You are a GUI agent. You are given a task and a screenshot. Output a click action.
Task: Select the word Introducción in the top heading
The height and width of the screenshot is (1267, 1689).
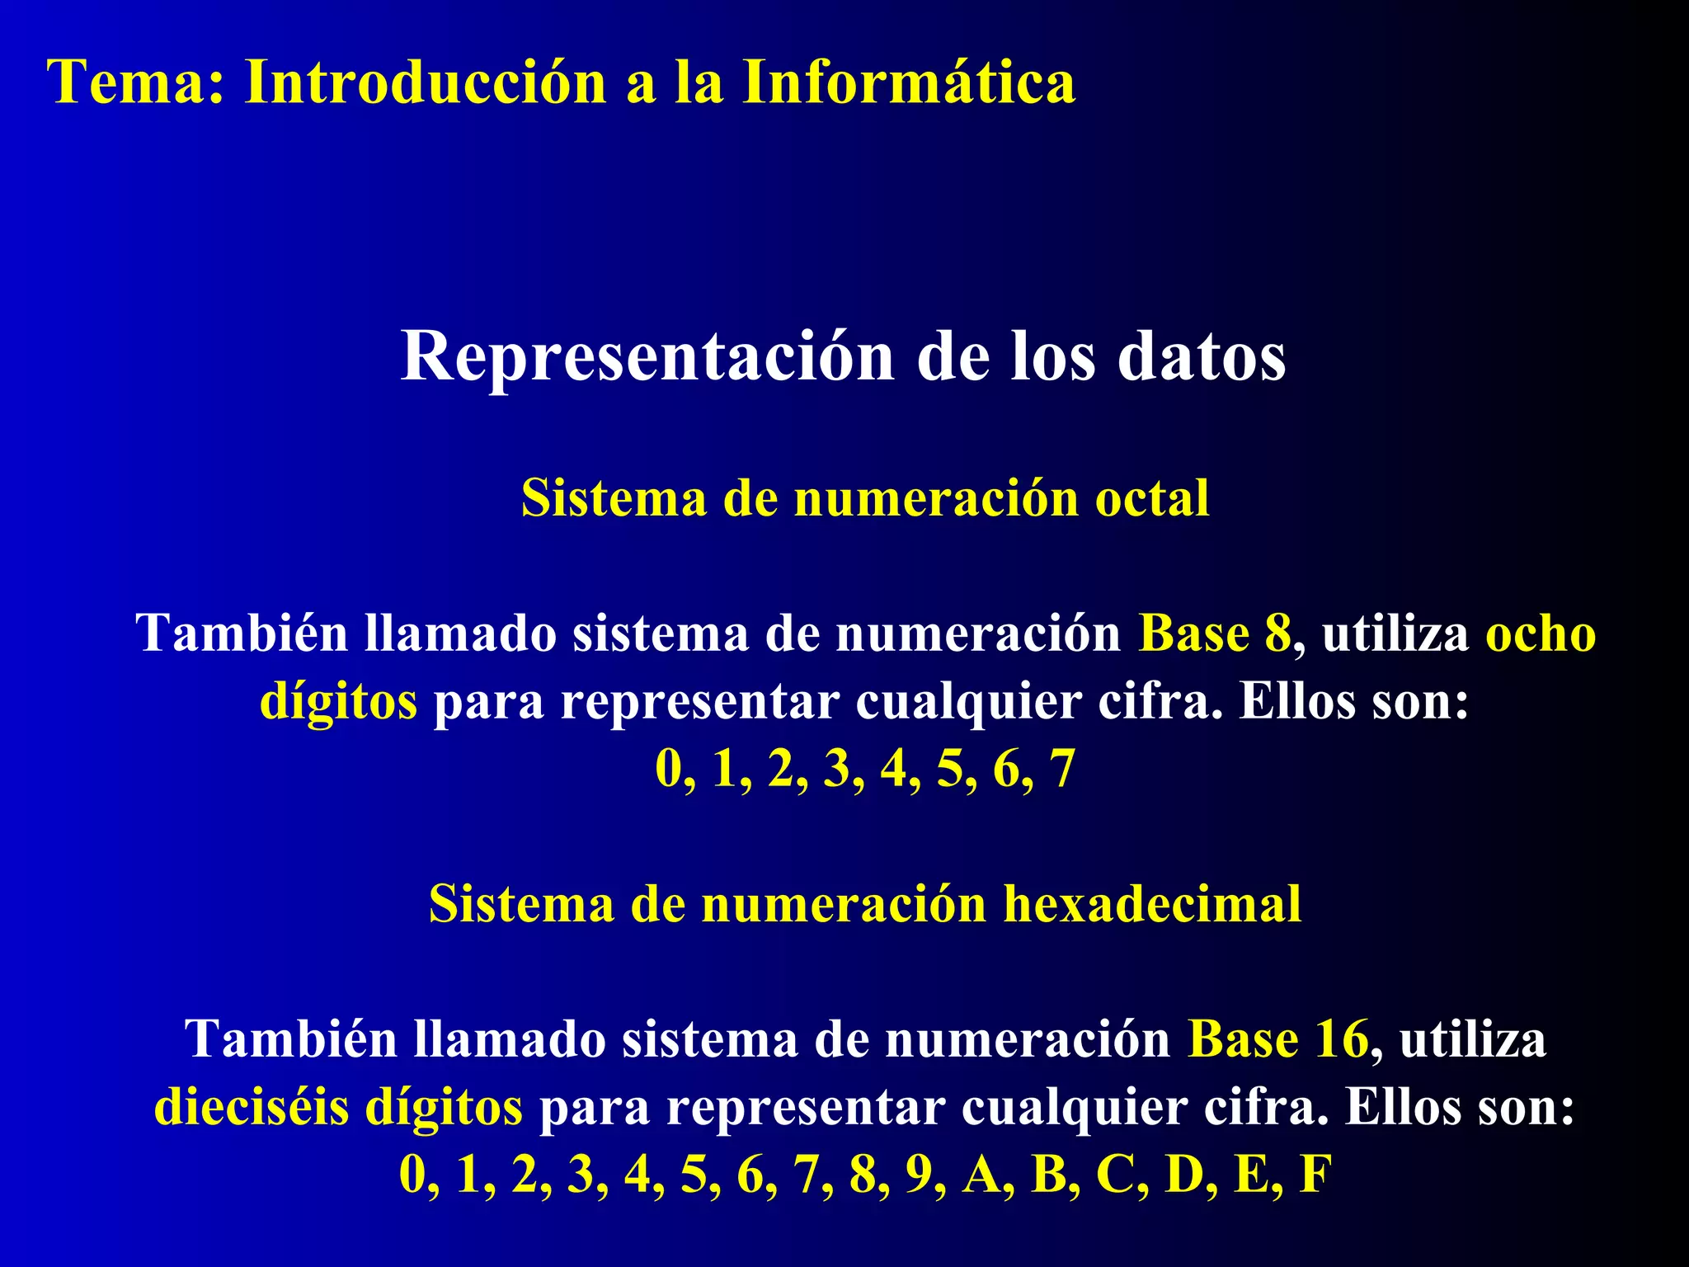(426, 82)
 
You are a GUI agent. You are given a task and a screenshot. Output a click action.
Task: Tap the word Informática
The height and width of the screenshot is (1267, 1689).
(908, 82)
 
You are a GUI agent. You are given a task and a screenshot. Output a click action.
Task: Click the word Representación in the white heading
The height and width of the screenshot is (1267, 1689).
(647, 357)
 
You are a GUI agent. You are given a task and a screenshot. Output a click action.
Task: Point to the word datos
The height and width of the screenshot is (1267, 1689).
(1202, 357)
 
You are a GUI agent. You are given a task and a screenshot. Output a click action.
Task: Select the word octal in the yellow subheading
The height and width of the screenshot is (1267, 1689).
(1151, 498)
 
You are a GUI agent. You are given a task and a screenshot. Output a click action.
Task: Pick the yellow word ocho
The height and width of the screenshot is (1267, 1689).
(1541, 633)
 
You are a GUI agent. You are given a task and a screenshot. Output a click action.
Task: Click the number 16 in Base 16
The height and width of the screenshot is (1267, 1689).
(1342, 1039)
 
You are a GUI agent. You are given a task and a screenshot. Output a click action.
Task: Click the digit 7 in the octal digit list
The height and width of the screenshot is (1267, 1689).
(1062, 769)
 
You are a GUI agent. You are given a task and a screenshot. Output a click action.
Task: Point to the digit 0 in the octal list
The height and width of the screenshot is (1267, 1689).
(669, 769)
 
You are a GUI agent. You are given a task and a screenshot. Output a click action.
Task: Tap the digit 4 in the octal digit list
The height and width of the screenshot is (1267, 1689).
(894, 769)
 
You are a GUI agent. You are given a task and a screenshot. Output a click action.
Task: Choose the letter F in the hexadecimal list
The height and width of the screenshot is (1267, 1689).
(1315, 1174)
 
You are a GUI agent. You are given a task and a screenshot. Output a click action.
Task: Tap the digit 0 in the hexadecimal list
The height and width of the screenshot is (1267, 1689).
(412, 1174)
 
